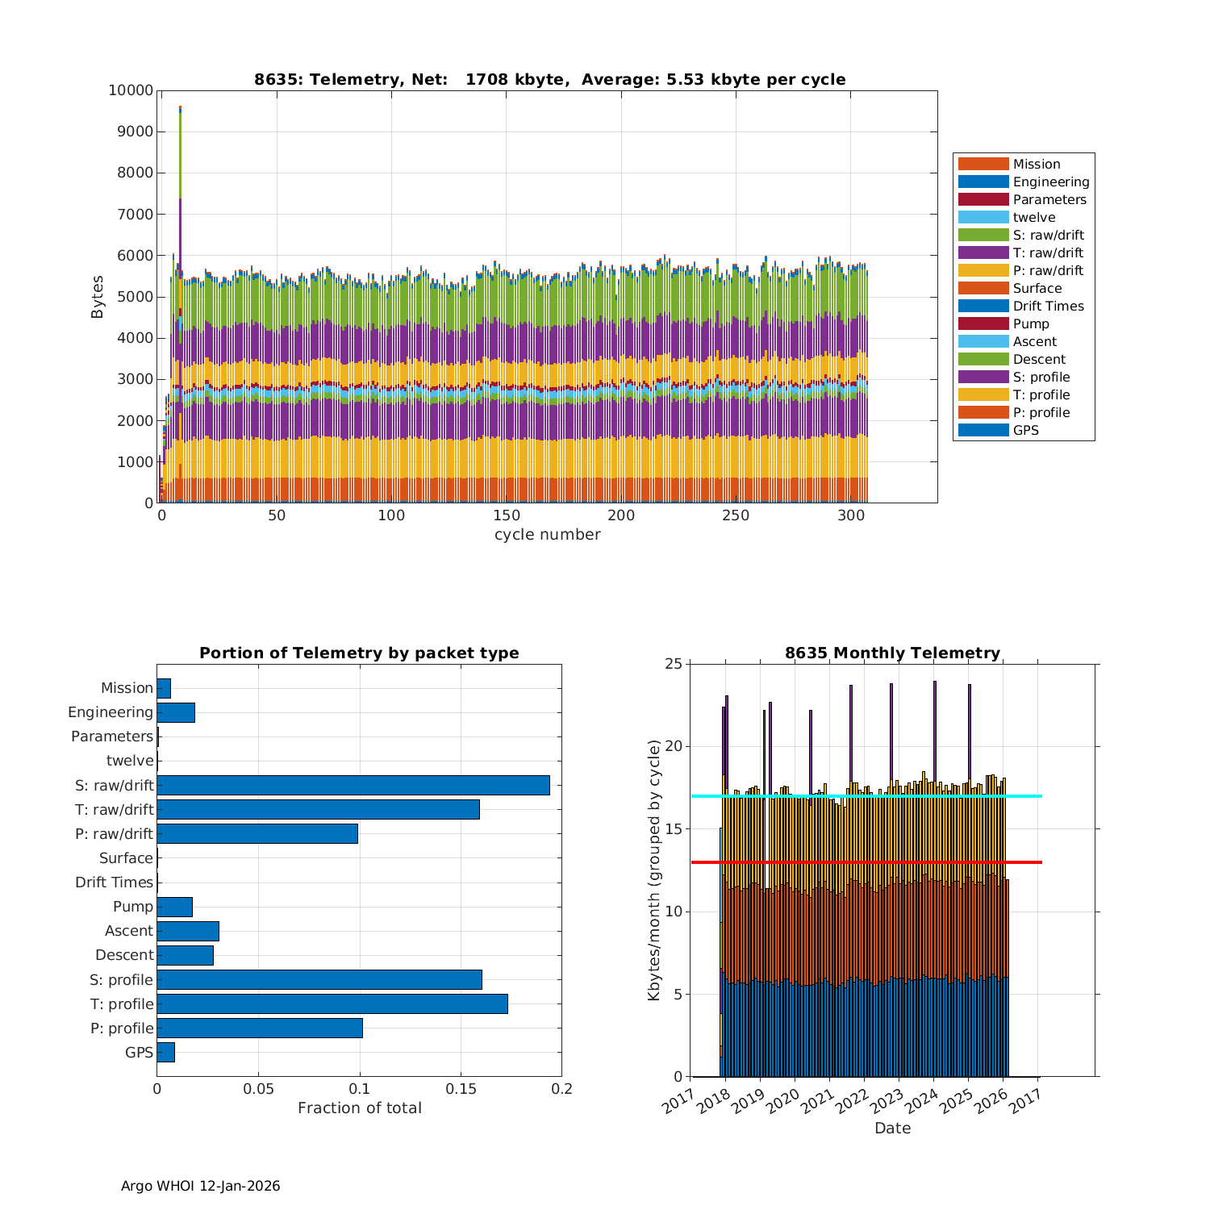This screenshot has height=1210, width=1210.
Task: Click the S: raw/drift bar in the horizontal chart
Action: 353,785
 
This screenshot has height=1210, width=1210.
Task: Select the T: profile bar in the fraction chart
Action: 332,1003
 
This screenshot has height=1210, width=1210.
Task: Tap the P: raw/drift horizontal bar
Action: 257,833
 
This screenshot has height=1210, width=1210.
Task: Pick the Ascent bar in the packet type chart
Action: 188,931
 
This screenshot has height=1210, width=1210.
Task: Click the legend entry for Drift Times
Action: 1048,307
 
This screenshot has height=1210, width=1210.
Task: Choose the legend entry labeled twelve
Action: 1033,218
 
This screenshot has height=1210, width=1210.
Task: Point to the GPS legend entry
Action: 1025,431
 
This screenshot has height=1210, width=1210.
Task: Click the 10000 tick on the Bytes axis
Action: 131,90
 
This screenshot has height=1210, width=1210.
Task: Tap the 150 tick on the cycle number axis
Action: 507,515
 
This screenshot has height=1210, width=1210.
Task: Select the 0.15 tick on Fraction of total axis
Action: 461,1089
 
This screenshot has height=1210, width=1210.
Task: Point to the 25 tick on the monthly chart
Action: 673,664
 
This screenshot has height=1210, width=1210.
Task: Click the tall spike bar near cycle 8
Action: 180,242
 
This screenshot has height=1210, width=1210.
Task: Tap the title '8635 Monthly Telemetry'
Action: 892,653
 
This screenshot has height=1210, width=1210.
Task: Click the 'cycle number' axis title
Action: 547,535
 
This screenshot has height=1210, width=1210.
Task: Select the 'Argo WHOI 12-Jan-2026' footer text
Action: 200,1186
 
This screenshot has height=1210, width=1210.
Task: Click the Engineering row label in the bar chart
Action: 111,712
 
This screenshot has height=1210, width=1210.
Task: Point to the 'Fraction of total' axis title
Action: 359,1108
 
